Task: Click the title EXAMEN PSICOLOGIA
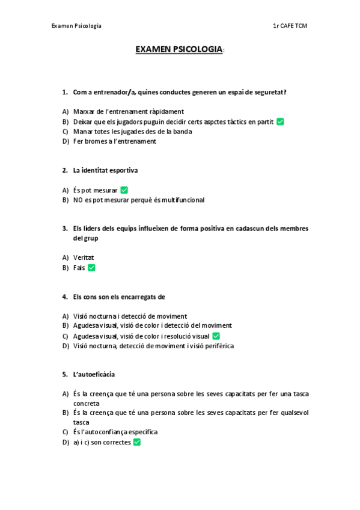pos(179,49)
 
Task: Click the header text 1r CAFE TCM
pos(290,26)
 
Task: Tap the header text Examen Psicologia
pos(76,26)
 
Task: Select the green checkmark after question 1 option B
pos(280,121)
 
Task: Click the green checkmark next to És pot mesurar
pos(124,190)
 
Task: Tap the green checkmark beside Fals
pos(91,268)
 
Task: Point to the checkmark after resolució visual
pos(216,336)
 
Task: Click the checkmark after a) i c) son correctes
pos(137,442)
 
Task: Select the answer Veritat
pos(84,258)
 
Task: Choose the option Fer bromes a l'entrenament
pos(114,141)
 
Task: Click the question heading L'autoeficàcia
pos(94,374)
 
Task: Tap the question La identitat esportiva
pos(105,170)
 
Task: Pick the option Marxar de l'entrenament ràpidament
pos(128,112)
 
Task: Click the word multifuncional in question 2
pos(183,200)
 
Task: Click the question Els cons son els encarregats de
pos(119,296)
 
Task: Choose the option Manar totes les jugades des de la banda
pos(132,131)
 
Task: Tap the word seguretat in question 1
pos(269,92)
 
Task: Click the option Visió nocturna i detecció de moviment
pos(130,316)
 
